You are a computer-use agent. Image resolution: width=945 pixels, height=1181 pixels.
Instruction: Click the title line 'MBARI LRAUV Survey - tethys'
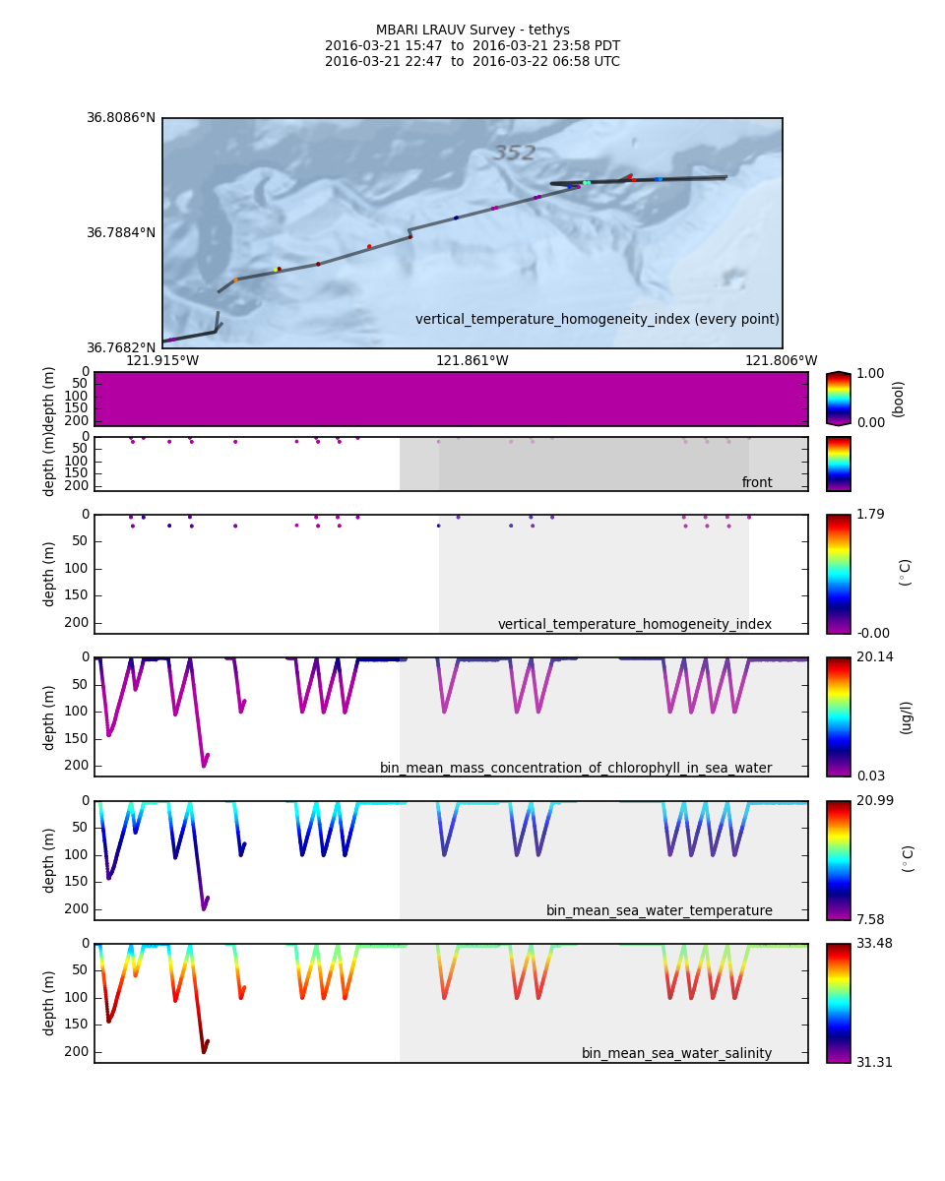pos(472,31)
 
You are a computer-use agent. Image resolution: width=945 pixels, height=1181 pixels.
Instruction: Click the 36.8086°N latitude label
pos(121,118)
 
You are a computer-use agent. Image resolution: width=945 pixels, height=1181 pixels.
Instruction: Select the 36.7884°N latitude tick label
pos(121,233)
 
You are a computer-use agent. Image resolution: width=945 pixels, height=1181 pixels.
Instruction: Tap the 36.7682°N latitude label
pos(121,348)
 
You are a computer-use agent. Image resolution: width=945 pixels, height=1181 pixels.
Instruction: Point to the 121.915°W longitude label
pos(162,361)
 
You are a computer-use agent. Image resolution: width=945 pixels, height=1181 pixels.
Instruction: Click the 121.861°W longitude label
pos(472,361)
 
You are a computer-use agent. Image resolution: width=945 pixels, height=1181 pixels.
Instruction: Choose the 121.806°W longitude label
pos(782,361)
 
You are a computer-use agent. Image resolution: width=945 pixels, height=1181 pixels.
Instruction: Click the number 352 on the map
pos(514,154)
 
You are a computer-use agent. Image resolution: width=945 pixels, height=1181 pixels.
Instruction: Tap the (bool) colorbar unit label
pos(898,399)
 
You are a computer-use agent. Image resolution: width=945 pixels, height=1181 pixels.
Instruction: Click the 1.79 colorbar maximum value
pos(869,514)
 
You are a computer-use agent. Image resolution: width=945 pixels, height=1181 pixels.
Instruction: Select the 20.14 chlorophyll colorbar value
pos(873,657)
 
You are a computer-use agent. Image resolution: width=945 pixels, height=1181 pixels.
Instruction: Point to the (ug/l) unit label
pos(907,717)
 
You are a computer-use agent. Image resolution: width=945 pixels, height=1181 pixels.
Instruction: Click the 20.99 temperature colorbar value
pos(873,801)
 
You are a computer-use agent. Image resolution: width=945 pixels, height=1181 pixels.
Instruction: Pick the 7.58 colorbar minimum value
pos(869,920)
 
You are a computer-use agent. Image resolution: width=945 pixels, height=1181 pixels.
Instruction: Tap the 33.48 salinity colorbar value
pos(873,944)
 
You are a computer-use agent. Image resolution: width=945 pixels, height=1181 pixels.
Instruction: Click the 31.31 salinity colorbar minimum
pos(873,1063)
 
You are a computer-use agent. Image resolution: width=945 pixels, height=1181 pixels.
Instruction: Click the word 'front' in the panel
pos(757,483)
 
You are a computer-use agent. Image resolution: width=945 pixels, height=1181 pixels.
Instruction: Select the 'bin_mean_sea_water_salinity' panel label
pos(676,1054)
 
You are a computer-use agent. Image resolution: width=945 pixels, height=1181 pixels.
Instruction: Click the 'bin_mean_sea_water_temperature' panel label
pos(659,911)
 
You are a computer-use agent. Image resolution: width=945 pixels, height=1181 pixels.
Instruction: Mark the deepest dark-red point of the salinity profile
pos(204,1050)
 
